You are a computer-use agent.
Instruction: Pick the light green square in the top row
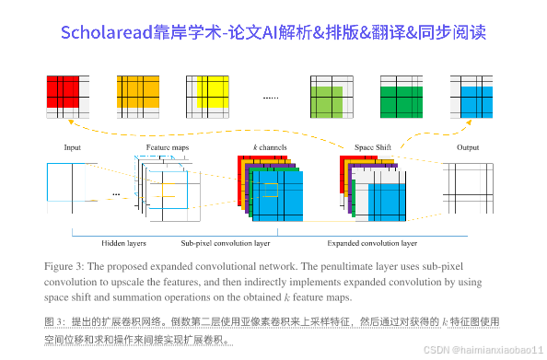click(x=327, y=95)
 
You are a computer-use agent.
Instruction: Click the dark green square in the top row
click(x=400, y=95)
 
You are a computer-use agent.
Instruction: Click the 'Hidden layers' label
click(x=124, y=243)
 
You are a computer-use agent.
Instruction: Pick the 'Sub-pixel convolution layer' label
click(x=225, y=243)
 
